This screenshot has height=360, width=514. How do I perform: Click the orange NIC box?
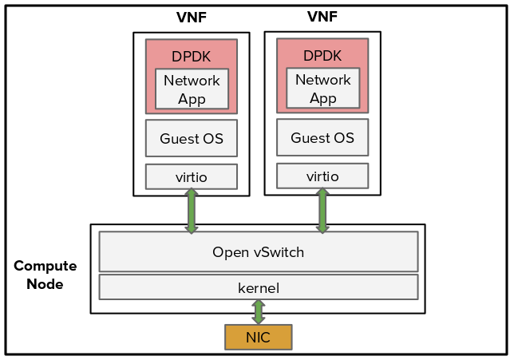(258, 337)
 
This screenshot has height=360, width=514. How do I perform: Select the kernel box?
(258, 287)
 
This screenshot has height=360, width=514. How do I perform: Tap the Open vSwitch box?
(258, 252)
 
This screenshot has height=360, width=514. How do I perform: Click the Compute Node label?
(45, 275)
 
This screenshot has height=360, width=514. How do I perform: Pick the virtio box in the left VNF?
(191, 176)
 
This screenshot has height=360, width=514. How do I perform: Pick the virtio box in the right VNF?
(322, 176)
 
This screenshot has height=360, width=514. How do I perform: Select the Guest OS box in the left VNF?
(191, 139)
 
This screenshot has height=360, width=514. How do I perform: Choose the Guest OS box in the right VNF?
(322, 138)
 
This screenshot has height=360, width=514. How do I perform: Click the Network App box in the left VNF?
(192, 89)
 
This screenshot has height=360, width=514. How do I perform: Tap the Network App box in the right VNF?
(322, 89)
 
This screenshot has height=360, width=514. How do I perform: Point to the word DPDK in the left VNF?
(192, 57)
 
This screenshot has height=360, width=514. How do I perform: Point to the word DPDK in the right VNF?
(322, 56)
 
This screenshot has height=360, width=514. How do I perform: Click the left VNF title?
(192, 18)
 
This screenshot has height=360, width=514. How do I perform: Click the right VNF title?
(322, 17)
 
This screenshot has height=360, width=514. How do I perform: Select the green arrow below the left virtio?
(192, 211)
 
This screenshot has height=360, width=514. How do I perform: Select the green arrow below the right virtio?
(322, 210)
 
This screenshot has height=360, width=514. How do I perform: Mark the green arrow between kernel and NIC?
(258, 311)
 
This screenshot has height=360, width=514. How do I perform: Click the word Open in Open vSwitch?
(229, 252)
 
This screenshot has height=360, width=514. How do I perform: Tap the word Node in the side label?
(45, 283)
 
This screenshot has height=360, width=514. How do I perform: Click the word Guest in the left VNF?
(176, 139)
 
